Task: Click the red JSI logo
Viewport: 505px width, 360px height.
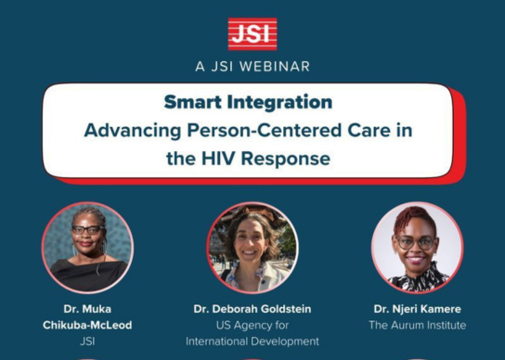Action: coord(252,33)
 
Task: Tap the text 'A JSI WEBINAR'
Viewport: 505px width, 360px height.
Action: coord(252,67)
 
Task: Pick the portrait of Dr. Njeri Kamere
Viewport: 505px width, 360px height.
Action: coord(417,248)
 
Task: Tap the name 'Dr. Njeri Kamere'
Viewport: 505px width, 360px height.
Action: coord(417,308)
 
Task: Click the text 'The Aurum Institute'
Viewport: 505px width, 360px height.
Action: coord(417,326)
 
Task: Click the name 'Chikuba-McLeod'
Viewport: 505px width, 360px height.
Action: coord(88,325)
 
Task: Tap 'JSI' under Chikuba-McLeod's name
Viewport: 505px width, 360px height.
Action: coord(88,341)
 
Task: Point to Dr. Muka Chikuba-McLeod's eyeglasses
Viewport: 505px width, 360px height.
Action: coord(87,230)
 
